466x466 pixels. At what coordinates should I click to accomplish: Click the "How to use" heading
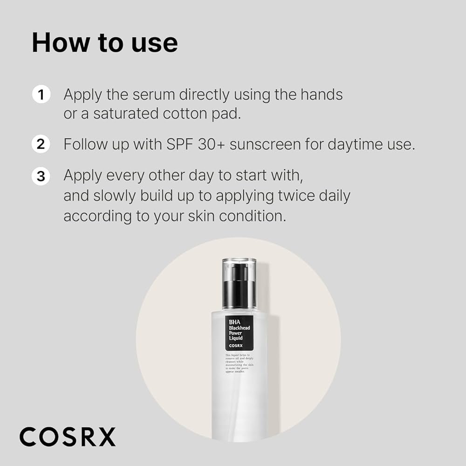tap(104, 43)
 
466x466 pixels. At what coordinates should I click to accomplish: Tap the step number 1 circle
tap(41, 95)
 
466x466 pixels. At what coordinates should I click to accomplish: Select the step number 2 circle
tap(41, 144)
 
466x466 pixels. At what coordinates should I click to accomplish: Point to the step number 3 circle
tap(41, 176)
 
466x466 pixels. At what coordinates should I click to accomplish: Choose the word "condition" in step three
tap(252, 216)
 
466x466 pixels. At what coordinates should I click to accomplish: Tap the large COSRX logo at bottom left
tap(67, 437)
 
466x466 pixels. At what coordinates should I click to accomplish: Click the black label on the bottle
tap(239, 333)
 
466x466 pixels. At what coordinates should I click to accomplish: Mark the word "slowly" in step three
tap(115, 196)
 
